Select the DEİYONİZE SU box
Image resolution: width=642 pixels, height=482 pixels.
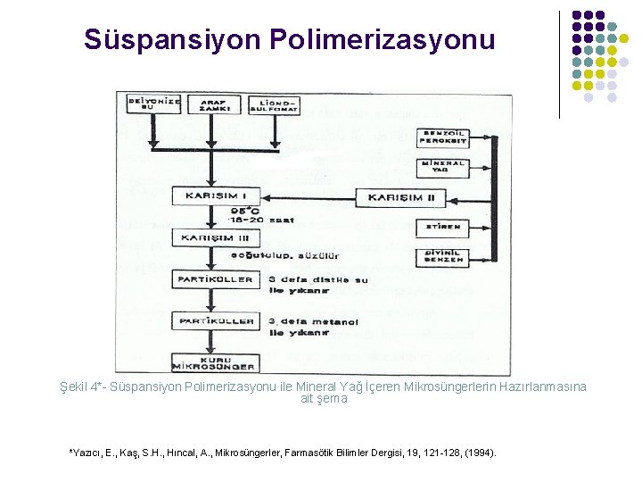[x=155, y=105]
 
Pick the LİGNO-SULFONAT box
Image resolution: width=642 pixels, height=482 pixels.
[x=274, y=105]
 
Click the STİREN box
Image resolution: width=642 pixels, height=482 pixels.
[x=442, y=227]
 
